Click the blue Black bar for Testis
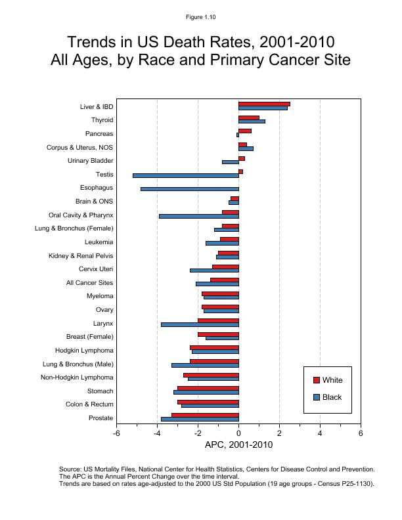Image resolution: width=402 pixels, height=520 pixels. pyautogui.click(x=186, y=175)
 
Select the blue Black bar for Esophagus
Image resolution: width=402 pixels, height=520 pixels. pyautogui.click(x=190, y=189)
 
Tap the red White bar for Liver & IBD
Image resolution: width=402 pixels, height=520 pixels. pyautogui.click(x=264, y=104)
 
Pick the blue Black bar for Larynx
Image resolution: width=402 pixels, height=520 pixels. pyautogui.click(x=200, y=324)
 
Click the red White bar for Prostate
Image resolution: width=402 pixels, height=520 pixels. pyautogui.click(x=205, y=416)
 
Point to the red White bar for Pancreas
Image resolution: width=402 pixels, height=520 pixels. pyautogui.click(x=245, y=131)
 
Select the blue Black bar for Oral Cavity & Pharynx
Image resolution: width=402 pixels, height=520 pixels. pyautogui.click(x=199, y=216)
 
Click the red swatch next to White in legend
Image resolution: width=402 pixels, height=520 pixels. pyautogui.click(x=316, y=380)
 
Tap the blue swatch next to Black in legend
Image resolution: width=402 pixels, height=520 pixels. pyautogui.click(x=316, y=397)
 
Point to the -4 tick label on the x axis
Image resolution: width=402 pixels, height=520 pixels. pyautogui.click(x=157, y=433)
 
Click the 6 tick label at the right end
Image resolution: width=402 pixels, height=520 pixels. pyautogui.click(x=361, y=433)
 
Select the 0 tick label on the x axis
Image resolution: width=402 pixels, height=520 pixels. pyautogui.click(x=238, y=433)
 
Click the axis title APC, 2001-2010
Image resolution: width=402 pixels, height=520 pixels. pyautogui.click(x=238, y=444)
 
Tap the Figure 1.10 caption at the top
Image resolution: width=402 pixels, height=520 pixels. pyautogui.click(x=201, y=17)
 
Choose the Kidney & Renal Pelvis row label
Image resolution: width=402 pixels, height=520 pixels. pyautogui.click(x=81, y=255)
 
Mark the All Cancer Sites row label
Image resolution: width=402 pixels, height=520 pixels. pyautogui.click(x=89, y=283)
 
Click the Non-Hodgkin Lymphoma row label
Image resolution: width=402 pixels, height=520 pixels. pyautogui.click(x=77, y=378)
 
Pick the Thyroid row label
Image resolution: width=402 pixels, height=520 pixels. pyautogui.click(x=102, y=120)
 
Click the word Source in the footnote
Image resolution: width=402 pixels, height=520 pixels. pyautogui.click(x=70, y=469)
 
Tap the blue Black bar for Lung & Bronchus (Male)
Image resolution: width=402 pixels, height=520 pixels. pyautogui.click(x=205, y=365)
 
